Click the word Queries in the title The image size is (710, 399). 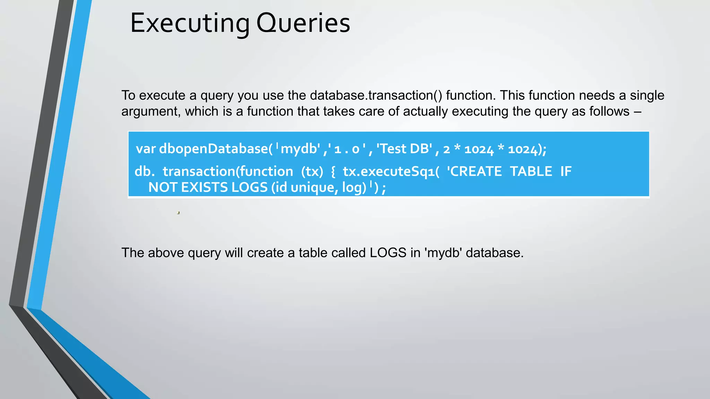point(303,24)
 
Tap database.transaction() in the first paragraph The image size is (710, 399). point(376,95)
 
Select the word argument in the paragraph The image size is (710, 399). point(151,112)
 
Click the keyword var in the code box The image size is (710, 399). point(146,149)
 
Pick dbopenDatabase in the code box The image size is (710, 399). point(214,149)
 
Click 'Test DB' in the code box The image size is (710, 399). point(405,149)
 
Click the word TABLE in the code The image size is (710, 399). point(531,171)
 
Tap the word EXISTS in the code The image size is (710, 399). point(204,187)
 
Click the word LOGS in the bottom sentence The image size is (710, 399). point(388,253)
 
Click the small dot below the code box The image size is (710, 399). point(178,213)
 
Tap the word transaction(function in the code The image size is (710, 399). point(228,171)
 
